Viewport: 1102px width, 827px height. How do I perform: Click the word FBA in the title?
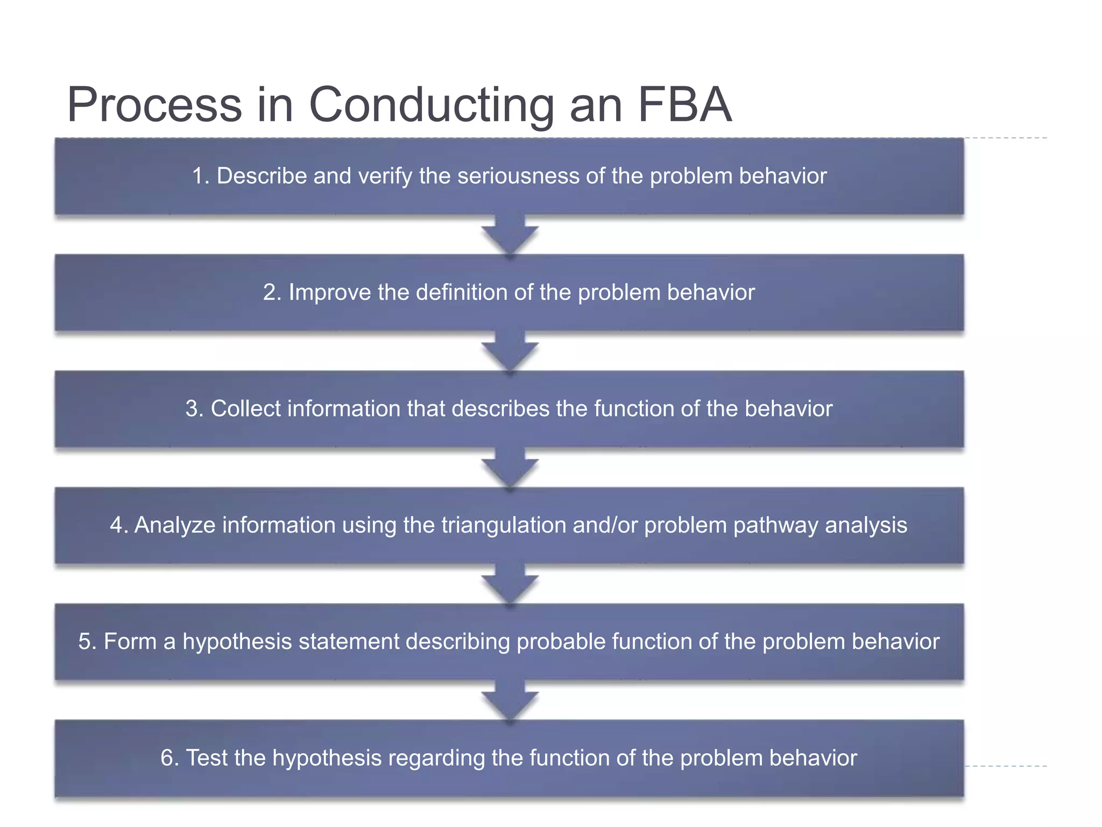(x=684, y=104)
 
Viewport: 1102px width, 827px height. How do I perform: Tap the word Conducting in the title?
(x=431, y=106)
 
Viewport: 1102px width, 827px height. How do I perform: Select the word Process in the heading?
(x=154, y=104)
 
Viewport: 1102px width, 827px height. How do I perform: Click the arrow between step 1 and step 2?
(x=510, y=235)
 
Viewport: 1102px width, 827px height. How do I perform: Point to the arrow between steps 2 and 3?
(x=510, y=351)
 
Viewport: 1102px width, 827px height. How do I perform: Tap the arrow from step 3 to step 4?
(x=510, y=467)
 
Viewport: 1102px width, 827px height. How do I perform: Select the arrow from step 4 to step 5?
(x=510, y=584)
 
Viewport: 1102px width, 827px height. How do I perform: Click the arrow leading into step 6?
(x=510, y=700)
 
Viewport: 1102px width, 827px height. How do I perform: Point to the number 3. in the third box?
(x=194, y=409)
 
